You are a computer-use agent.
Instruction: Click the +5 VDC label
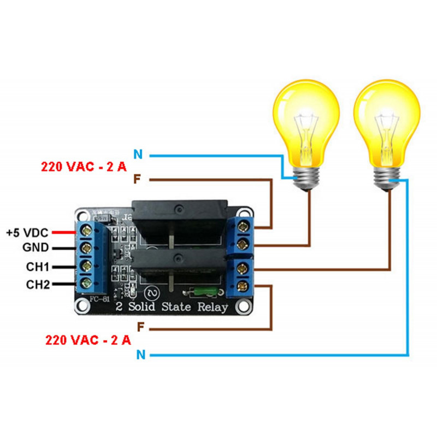[27, 232]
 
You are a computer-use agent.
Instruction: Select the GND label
[36, 249]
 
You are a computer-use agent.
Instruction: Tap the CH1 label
[37, 267]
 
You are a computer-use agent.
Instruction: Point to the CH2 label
[37, 284]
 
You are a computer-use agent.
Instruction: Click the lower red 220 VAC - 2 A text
[88, 340]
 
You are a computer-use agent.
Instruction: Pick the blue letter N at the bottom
[140, 355]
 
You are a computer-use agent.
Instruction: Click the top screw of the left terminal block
[86, 232]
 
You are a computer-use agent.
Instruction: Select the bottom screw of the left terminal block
[86, 283]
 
